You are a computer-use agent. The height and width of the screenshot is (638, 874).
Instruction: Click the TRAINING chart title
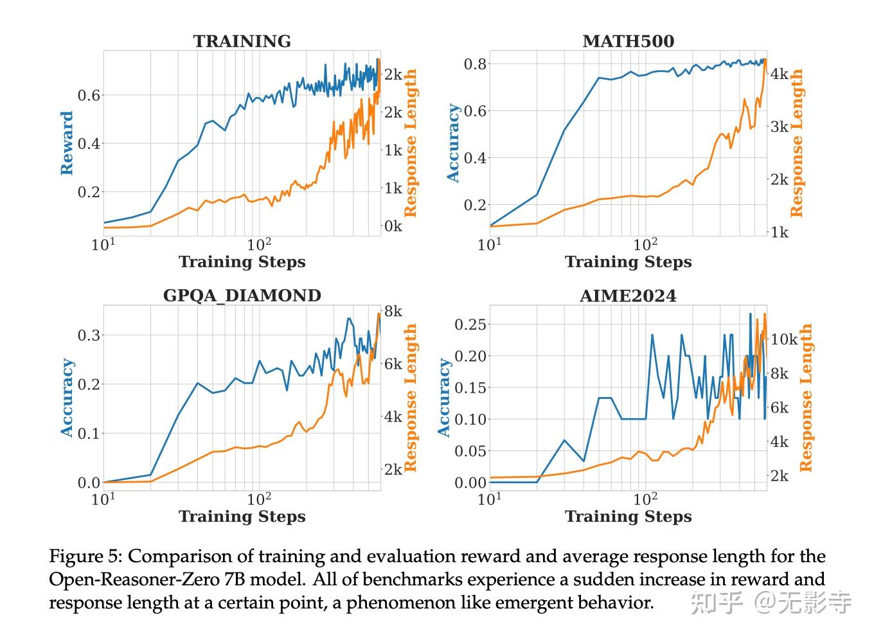tap(242, 41)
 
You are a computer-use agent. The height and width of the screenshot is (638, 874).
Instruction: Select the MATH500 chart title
tap(628, 41)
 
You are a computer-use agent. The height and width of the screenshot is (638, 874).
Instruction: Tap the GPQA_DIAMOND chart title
tap(242, 296)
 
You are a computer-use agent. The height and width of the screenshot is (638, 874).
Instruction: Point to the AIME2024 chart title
tap(628, 296)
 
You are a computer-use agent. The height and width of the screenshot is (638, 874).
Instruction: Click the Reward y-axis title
tap(67, 143)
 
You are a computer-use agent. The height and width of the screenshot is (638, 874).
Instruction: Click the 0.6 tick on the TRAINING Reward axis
tap(89, 95)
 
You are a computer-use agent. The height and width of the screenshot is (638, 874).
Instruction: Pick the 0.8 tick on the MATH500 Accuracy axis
tap(476, 64)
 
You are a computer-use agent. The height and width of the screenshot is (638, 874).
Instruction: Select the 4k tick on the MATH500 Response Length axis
tap(779, 74)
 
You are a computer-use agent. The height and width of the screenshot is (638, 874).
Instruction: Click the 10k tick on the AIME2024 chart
tap(783, 339)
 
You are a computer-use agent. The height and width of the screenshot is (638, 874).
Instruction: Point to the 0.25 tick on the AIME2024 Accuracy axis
tap(471, 324)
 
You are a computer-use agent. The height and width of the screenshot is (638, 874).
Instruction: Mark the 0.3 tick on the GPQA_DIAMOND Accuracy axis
tap(89, 335)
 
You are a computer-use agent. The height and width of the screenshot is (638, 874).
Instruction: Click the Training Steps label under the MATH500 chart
tap(628, 262)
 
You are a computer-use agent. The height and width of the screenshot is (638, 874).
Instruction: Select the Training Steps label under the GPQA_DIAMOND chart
tap(242, 517)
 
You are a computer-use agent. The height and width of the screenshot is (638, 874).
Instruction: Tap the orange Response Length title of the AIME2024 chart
tap(805, 397)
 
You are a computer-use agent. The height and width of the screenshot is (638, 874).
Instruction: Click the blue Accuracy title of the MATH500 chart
tap(454, 143)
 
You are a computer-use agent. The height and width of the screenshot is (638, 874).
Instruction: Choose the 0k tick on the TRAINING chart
tap(393, 226)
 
